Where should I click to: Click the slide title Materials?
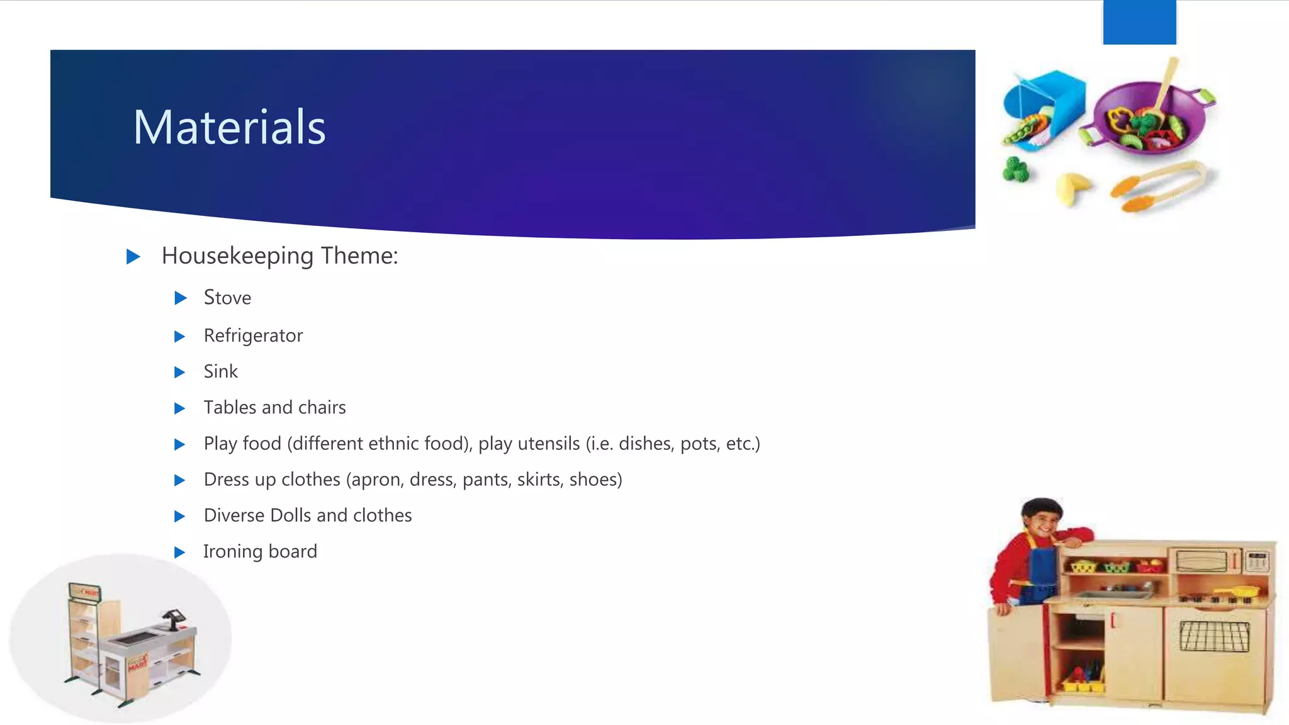pos(229,127)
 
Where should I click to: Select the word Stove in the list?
pos(227,298)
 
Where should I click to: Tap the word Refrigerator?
pos(253,335)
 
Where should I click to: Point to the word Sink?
pos(220,371)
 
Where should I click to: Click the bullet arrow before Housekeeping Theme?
pos(133,256)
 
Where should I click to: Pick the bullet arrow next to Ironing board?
pos(179,552)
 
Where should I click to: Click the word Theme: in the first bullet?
pos(359,256)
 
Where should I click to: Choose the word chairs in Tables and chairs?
pos(322,407)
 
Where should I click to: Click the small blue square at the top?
pos(1139,22)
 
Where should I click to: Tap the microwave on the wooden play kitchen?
pos(1203,559)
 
